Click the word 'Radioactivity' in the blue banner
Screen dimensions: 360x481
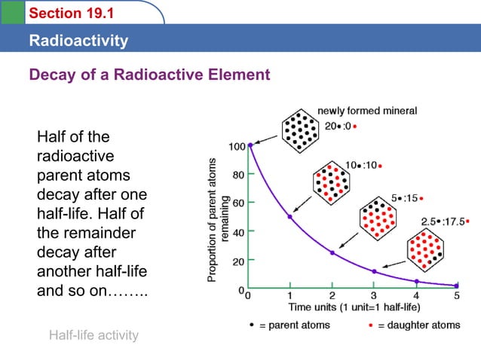(x=78, y=41)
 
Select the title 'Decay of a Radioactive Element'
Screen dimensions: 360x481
(x=149, y=75)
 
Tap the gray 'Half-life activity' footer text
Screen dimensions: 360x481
(x=93, y=335)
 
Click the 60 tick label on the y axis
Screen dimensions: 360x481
(x=237, y=203)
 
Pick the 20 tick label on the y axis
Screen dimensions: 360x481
(x=237, y=261)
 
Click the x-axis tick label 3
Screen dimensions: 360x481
(x=373, y=295)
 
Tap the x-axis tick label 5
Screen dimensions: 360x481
(x=456, y=295)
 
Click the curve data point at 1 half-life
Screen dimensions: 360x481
(x=290, y=217)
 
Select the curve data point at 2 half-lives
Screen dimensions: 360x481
(x=332, y=253)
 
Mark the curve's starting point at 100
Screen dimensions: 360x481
(x=250, y=145)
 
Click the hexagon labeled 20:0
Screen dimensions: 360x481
(x=300, y=130)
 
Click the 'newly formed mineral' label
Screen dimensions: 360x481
(x=367, y=111)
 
